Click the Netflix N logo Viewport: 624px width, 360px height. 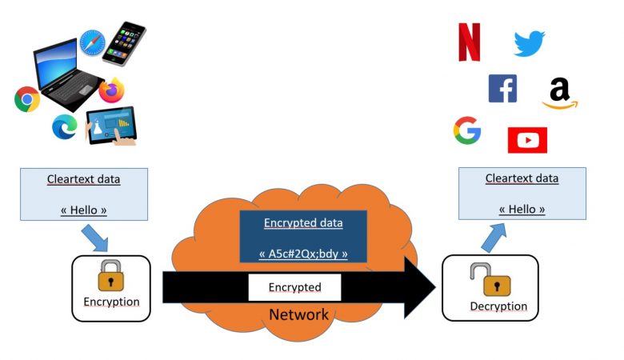(469, 42)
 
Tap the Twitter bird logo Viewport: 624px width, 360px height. (528, 43)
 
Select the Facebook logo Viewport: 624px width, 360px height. (502, 88)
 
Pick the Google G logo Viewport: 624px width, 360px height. (467, 130)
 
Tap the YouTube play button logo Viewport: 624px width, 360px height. (527, 140)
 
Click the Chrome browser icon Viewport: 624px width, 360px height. (27, 99)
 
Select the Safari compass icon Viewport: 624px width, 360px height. (93, 43)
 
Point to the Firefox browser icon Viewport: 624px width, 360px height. (117, 90)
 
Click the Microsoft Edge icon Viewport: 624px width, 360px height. (64, 127)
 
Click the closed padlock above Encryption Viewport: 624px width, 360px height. (110, 276)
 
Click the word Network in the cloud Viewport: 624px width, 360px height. (298, 314)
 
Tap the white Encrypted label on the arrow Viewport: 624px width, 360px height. (294, 287)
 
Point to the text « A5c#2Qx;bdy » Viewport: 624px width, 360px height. (303, 254)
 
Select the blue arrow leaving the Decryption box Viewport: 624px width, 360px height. (491, 236)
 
